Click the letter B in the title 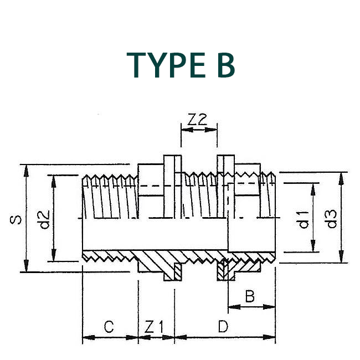[223, 65]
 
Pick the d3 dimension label [331, 219]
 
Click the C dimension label [109, 327]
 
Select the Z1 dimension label [155, 327]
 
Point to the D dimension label [223, 327]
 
